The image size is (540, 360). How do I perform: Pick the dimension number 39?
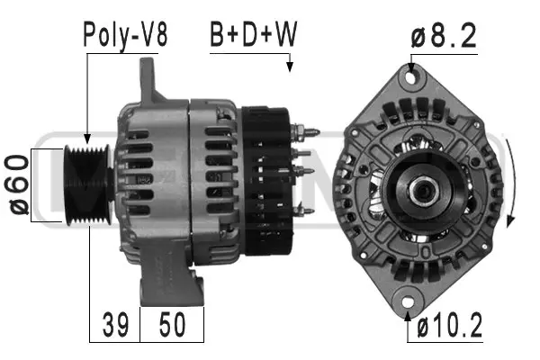113,324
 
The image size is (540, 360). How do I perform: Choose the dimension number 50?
172,324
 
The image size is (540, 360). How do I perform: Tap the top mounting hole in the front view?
412,78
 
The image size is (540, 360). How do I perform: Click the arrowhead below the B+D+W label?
290,67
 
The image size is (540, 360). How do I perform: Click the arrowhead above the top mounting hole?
412,66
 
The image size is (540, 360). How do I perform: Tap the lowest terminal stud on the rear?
306,211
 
